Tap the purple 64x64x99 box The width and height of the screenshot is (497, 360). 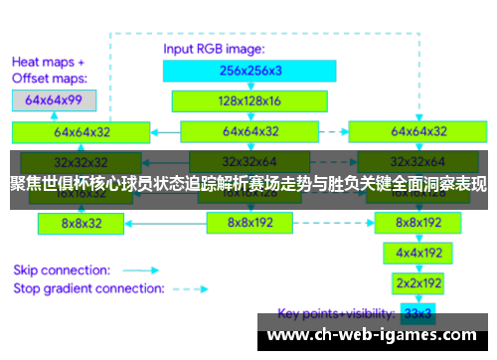pyautogui.click(x=54, y=99)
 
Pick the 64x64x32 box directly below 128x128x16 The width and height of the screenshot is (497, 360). pyautogui.click(x=248, y=131)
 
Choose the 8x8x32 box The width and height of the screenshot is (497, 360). pyautogui.click(x=81, y=224)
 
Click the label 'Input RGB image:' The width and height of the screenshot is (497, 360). pyautogui.click(x=213, y=47)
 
